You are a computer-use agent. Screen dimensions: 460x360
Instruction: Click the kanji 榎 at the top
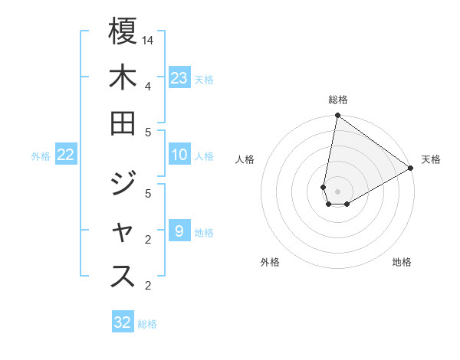coord(123,31)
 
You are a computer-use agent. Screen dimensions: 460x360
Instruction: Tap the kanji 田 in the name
coord(123,123)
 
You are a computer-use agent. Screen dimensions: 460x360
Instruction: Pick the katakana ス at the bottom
coord(123,277)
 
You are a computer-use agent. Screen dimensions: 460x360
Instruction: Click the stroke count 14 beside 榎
coord(148,40)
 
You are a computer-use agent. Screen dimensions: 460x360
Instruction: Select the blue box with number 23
coord(179,77)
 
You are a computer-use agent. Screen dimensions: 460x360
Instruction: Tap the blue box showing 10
coord(179,155)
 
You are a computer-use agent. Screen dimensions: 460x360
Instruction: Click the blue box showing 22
coord(66,155)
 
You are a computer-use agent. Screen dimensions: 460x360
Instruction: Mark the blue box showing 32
coord(123,322)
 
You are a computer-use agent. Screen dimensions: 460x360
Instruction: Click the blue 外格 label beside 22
coord(41,156)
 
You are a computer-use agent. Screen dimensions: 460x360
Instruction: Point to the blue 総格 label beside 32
coord(147,324)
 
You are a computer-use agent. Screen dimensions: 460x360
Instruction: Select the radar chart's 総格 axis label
coord(338,100)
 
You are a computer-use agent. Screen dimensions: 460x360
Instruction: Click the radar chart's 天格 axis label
coord(431,159)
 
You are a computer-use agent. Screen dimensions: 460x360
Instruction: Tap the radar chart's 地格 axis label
coord(402,262)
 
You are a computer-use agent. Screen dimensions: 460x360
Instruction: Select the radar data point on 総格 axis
coord(337,116)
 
